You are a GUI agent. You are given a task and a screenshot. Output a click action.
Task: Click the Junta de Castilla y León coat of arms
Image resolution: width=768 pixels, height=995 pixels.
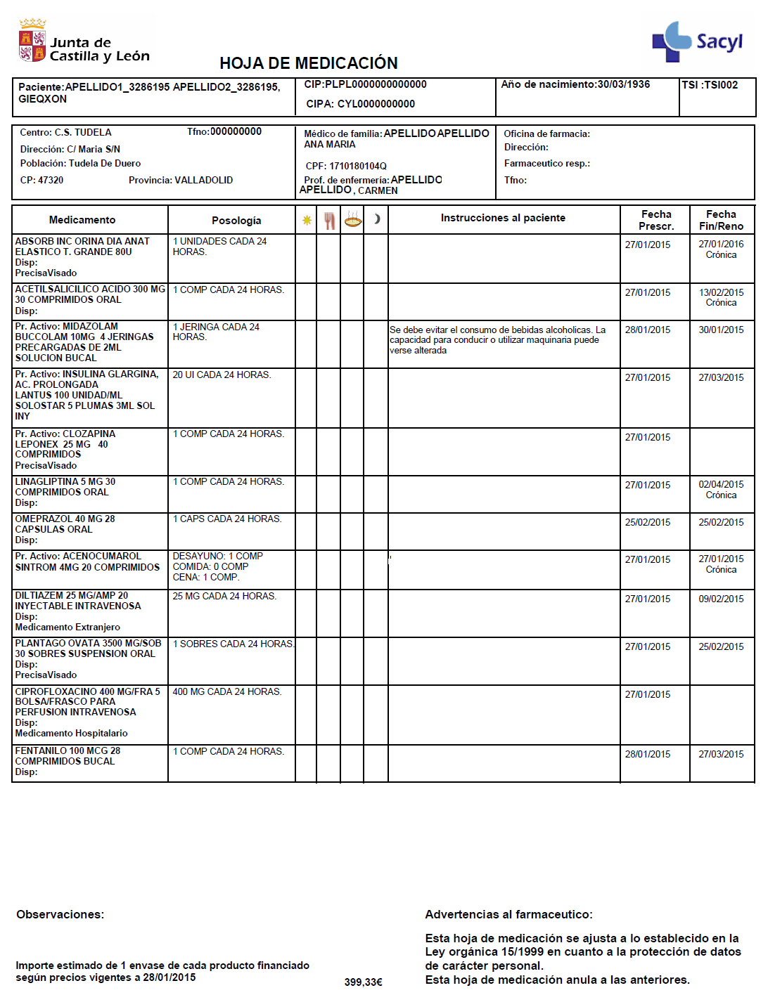(x=32, y=41)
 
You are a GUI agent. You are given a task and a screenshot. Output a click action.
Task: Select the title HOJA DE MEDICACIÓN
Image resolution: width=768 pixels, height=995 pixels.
(x=308, y=63)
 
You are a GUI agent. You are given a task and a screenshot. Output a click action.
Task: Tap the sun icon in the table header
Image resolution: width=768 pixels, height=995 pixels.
(x=307, y=220)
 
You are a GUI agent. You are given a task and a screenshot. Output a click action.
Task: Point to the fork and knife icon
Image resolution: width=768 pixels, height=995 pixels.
(x=329, y=220)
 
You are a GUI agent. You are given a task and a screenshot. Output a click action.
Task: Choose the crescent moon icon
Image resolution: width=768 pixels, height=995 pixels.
(x=377, y=219)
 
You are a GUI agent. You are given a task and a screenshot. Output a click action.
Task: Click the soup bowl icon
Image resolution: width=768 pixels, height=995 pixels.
(x=352, y=219)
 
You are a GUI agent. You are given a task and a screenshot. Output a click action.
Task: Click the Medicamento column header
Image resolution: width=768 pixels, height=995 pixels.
(x=82, y=220)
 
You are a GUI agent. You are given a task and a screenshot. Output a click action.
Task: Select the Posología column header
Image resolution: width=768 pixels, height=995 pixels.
(x=236, y=221)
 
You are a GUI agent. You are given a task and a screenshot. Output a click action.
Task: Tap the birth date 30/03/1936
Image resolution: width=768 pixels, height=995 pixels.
(x=623, y=84)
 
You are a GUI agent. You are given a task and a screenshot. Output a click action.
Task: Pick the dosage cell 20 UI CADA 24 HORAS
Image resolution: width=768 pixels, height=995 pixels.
(x=222, y=375)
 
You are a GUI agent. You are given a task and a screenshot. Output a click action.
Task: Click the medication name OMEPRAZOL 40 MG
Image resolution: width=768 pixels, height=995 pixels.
(x=65, y=519)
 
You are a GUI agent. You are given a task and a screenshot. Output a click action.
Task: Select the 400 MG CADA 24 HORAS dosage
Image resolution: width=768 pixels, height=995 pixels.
(x=226, y=692)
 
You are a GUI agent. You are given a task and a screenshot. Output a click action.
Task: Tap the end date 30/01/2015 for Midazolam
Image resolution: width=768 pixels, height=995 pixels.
(x=721, y=330)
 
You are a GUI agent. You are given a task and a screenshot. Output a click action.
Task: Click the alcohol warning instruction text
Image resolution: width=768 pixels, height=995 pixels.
(x=497, y=340)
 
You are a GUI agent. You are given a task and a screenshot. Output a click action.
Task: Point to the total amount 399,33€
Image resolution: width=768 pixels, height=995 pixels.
(x=363, y=982)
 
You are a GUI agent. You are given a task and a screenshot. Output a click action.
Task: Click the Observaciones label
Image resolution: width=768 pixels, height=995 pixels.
(x=60, y=915)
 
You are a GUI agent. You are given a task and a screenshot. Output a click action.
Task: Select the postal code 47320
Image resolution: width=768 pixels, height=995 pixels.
(x=51, y=181)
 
